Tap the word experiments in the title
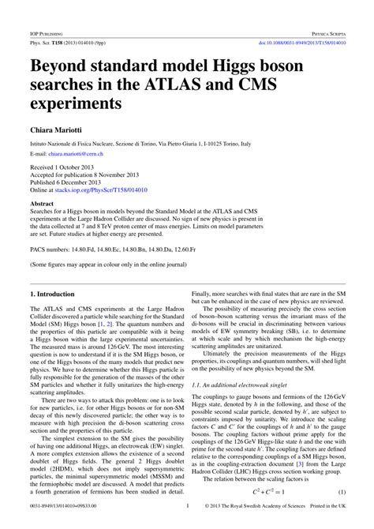[80, 103]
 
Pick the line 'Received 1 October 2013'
[64, 168]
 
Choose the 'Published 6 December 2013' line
[67, 183]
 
